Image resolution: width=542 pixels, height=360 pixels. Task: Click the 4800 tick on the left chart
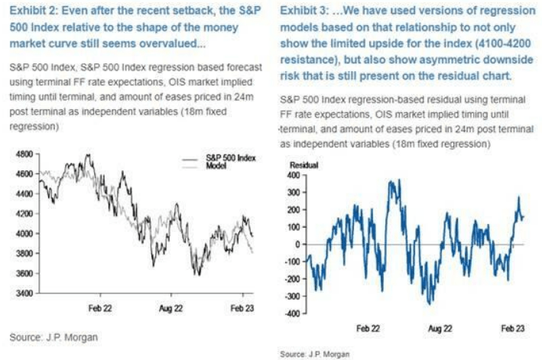(x=24, y=154)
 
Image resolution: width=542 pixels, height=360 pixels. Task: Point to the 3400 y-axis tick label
(x=24, y=293)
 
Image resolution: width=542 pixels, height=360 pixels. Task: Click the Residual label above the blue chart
(x=303, y=165)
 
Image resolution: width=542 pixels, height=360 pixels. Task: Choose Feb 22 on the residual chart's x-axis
(x=368, y=326)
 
